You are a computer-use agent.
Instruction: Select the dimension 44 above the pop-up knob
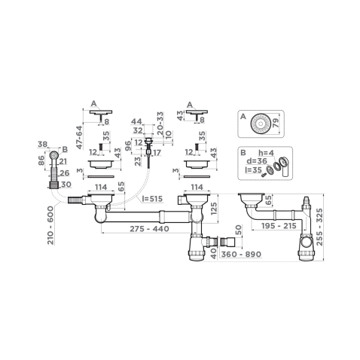pos(137,121)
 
